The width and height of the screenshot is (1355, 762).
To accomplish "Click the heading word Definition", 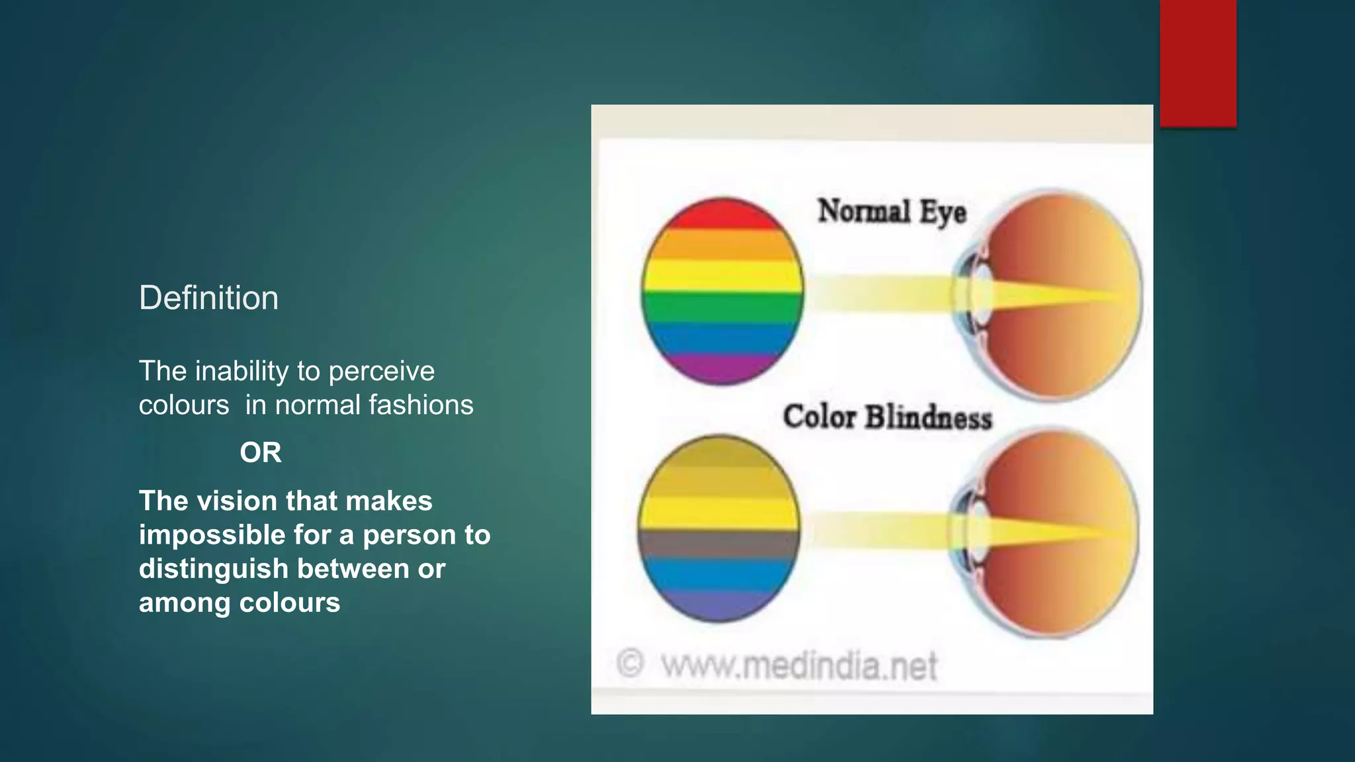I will click(208, 298).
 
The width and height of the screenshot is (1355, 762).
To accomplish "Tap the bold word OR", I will click(261, 453).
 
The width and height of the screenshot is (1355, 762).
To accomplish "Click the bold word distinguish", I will click(213, 569).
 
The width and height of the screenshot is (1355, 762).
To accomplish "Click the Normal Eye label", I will click(892, 212).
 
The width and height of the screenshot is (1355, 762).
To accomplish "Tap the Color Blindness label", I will click(887, 417).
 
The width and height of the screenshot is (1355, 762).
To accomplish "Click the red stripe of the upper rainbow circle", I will click(722, 214).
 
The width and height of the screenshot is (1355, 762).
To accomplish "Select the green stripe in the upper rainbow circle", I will click(722, 307).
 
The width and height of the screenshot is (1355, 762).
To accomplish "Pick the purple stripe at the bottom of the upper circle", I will click(722, 368).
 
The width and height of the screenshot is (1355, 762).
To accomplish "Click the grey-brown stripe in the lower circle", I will click(719, 544).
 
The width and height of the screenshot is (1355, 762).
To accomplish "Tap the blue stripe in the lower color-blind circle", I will click(719, 573).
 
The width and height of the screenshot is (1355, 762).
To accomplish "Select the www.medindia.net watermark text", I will click(799, 665).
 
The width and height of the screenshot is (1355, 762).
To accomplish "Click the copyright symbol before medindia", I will click(630, 663).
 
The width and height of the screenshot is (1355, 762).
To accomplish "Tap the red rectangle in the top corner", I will click(1198, 63).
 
